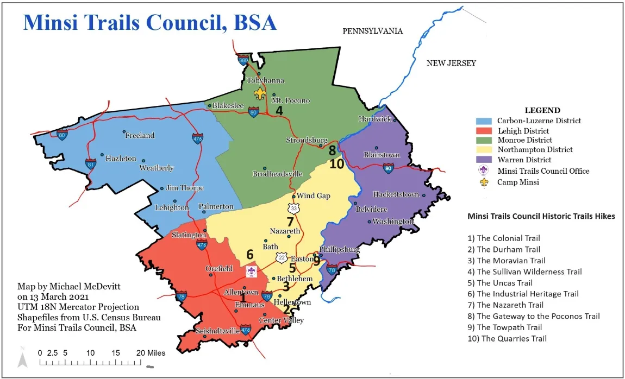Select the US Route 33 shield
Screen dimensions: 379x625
[293, 208]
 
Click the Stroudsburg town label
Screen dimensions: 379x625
[307, 140]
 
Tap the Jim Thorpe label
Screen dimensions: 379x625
[185, 188]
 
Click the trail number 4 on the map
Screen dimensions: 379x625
[279, 110]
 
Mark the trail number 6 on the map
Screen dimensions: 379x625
[249, 254]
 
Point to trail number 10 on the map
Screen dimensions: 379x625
[337, 163]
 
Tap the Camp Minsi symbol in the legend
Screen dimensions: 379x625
[484, 182]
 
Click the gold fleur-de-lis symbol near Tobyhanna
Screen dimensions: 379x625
[260, 93]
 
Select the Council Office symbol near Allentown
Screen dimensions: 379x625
[251, 271]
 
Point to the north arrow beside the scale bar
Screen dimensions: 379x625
[22, 359]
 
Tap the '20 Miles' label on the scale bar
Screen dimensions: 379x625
[151, 353]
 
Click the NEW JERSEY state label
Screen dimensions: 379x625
[451, 63]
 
